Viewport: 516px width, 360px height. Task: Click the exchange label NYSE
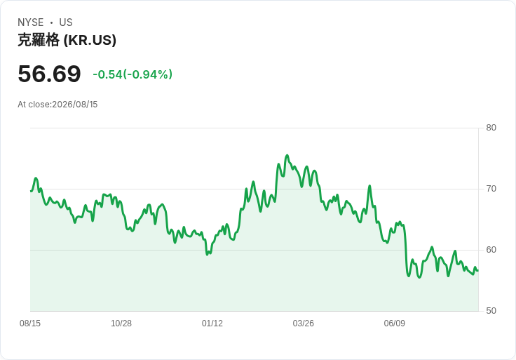tap(31, 22)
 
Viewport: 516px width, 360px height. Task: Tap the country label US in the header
tap(66, 22)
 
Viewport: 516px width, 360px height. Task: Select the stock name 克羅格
tap(39, 40)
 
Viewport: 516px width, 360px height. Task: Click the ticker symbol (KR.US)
tap(90, 40)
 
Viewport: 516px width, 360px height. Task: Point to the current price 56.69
tap(49, 74)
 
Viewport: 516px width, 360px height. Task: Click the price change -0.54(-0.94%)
tap(133, 74)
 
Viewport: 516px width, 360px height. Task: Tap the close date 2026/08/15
tap(75, 105)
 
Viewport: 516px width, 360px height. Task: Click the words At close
tap(34, 105)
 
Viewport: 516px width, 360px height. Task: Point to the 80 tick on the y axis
tap(491, 128)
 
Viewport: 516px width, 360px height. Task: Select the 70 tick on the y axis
tap(491, 189)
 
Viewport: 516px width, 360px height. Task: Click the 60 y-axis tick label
tap(491, 250)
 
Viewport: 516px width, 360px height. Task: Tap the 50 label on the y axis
tap(491, 311)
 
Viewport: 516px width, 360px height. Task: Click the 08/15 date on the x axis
tap(30, 324)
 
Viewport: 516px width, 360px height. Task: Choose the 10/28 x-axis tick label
tap(121, 324)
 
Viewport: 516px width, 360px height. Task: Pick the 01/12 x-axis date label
tap(212, 324)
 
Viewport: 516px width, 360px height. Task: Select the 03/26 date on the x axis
tap(304, 324)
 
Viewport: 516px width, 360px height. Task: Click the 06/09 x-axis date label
tap(394, 324)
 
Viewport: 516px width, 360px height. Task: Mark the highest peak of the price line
tap(287, 155)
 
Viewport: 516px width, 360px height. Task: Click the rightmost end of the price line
tap(478, 270)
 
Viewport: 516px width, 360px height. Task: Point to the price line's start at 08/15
tap(31, 191)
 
